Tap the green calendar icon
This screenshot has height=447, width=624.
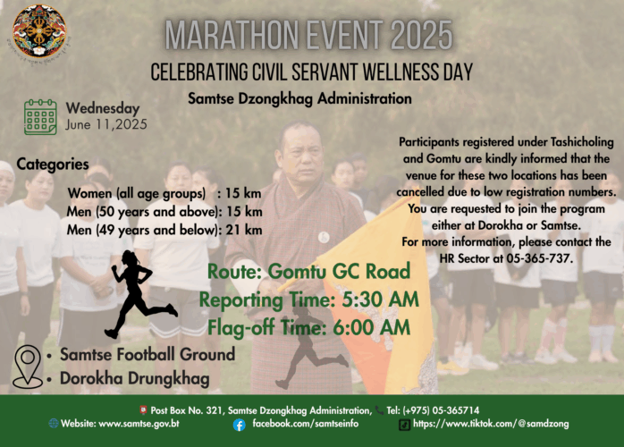[40, 117]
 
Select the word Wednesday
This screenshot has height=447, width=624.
[103, 108]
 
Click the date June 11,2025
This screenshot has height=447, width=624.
[106, 124]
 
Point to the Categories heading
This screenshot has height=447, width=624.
[53, 164]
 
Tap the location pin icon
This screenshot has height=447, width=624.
[28, 367]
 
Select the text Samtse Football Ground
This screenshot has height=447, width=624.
[148, 354]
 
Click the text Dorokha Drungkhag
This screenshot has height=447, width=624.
[134, 378]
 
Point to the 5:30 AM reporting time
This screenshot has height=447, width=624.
[381, 299]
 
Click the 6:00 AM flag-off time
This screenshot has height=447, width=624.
[371, 327]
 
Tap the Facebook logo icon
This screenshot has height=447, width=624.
[240, 426]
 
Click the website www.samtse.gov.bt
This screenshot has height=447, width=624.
[139, 423]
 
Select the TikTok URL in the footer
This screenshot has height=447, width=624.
[491, 424]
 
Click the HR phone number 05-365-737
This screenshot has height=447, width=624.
[539, 258]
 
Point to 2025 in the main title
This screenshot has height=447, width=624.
[421, 35]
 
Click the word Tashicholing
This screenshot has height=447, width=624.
[582, 142]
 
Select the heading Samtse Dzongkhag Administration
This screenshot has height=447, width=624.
[299, 98]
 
